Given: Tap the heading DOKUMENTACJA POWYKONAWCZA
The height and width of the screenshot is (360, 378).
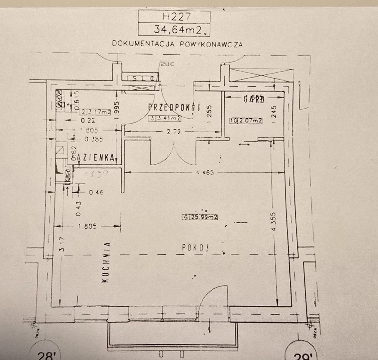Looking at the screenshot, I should (177, 44).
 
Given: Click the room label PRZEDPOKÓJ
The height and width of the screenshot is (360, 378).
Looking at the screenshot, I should (174, 108).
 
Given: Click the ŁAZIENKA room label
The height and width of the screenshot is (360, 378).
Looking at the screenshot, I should (94, 157).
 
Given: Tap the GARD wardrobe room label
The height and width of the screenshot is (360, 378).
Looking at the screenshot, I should (254, 99).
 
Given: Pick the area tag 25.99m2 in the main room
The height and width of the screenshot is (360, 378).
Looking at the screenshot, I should (200, 217).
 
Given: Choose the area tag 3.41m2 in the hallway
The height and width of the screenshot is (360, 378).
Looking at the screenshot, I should (165, 118).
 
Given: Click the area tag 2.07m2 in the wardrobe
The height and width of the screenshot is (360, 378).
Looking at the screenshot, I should (246, 121).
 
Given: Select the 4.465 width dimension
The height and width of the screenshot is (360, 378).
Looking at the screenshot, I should (205, 172).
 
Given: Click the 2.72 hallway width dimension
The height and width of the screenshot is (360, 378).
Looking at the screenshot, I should (174, 131).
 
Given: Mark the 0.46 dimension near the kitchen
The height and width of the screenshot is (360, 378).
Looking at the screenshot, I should (96, 192).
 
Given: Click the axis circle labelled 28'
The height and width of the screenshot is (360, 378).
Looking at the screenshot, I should (44, 353).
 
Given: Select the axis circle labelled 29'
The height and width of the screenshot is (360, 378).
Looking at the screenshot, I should (301, 353).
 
